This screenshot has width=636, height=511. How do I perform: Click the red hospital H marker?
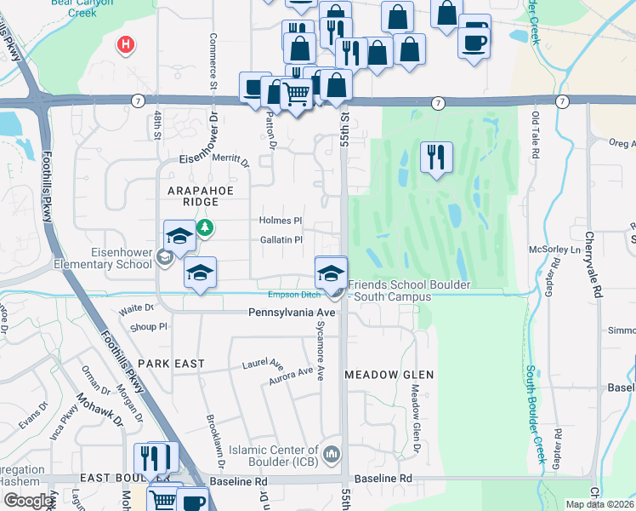click(126, 43)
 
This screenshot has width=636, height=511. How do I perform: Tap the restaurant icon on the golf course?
click(436, 157)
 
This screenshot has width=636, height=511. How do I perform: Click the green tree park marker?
click(205, 228)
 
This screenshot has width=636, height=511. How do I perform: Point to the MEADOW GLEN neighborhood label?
click(389, 375)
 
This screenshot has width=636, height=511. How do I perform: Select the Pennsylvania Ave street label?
click(292, 313)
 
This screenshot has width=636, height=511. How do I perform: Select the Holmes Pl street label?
click(281, 220)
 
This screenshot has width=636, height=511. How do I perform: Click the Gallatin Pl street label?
click(281, 240)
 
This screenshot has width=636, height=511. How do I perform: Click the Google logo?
click(29, 501)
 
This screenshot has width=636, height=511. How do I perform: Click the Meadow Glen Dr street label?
click(416, 417)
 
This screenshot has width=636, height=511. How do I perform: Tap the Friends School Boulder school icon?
click(331, 273)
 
